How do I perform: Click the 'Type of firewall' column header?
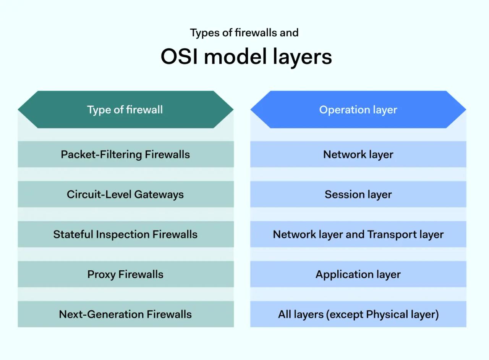tap(125, 110)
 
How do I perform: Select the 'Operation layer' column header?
tap(358, 110)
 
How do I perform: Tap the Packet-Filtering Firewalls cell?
tap(125, 154)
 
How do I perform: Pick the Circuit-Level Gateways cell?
tap(125, 194)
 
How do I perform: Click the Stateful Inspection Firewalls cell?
tap(125, 234)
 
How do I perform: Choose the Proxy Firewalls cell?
tap(125, 274)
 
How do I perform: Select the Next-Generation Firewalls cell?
tap(125, 314)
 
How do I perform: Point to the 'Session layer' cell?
tap(358, 194)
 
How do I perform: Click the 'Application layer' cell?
tap(358, 274)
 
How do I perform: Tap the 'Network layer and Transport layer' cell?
tap(358, 234)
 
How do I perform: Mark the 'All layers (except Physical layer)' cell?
tap(358, 314)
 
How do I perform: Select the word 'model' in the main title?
tap(235, 57)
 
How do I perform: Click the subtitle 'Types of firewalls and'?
tap(244, 33)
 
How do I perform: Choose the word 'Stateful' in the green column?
tap(73, 234)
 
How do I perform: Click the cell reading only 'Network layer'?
tap(358, 154)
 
